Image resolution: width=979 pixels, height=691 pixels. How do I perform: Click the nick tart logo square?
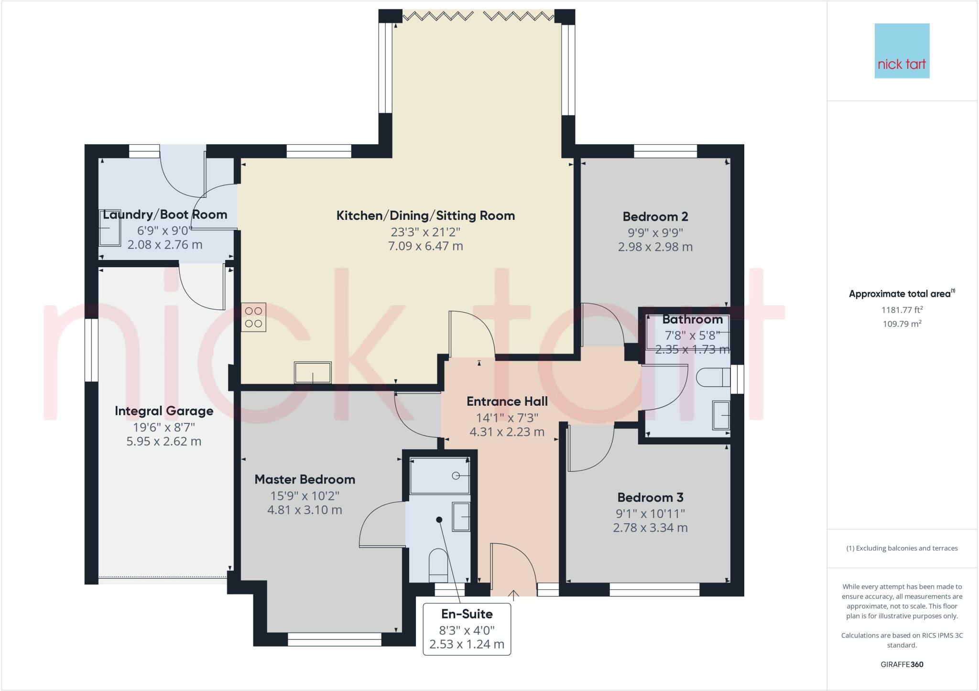click(902, 51)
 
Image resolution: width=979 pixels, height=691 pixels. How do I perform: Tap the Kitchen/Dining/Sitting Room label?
click(425, 216)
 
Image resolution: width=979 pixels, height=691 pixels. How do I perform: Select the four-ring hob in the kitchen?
click(253, 317)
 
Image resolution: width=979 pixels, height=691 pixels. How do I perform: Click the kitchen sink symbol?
click(313, 372)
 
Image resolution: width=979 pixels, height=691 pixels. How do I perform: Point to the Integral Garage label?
click(164, 411)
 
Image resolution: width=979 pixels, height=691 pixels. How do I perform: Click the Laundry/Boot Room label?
click(165, 215)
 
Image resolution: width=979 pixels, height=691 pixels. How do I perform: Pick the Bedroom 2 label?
click(655, 216)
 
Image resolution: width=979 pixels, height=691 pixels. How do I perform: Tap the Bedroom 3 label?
click(650, 497)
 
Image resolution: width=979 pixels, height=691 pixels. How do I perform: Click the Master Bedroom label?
click(305, 479)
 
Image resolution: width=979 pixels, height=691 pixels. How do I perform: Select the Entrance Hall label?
click(507, 401)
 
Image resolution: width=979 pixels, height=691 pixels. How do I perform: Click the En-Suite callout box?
click(467, 629)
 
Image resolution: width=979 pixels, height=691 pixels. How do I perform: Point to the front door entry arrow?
click(513, 595)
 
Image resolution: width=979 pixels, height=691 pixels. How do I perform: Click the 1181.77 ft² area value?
click(902, 310)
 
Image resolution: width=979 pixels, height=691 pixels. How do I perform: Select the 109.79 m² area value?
click(902, 324)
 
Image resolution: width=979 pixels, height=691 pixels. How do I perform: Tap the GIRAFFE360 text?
click(902, 664)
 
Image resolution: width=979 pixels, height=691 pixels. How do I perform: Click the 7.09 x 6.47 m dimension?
click(425, 246)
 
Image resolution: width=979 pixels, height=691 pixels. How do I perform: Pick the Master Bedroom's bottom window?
click(335, 639)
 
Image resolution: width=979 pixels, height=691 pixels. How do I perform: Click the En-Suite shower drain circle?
click(456, 476)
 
